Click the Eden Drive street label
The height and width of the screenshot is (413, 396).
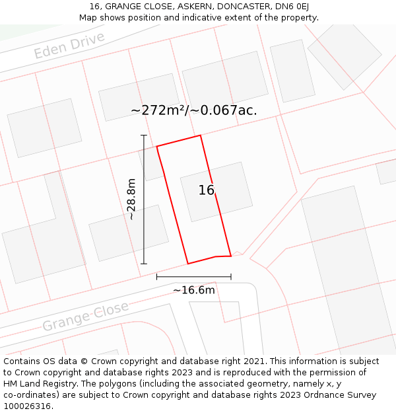69,45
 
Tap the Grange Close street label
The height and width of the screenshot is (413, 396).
86,317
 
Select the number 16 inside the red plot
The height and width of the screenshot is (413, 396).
207,190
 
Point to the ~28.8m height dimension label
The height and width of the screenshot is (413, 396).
131,199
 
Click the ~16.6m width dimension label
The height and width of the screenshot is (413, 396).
194,290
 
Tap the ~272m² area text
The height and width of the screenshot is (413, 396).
158,110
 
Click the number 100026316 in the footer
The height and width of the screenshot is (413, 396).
27,406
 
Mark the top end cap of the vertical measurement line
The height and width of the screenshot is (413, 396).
144,135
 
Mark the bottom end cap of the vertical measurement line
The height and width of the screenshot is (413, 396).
144,264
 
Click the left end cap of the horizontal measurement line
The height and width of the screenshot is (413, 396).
156,277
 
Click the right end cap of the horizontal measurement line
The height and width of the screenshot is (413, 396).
231,277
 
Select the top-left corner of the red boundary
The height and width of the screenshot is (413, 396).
156,146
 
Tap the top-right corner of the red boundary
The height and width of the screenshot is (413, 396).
200,135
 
